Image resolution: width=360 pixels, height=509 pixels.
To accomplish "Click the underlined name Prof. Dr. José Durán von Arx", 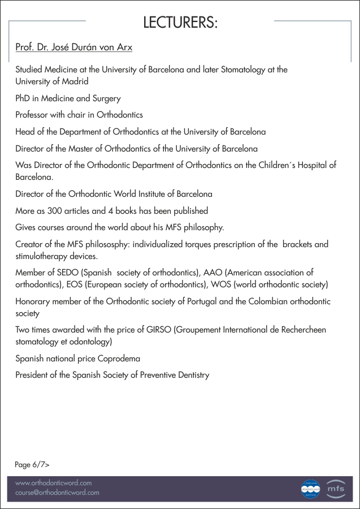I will point(73,48).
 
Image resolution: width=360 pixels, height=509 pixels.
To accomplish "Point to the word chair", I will point(80,115).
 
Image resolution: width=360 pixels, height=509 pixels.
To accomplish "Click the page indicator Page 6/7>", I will point(32,465).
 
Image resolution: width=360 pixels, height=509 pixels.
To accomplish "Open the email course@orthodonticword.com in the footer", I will point(57,493).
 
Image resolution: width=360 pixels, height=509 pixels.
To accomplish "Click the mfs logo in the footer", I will point(335,489).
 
